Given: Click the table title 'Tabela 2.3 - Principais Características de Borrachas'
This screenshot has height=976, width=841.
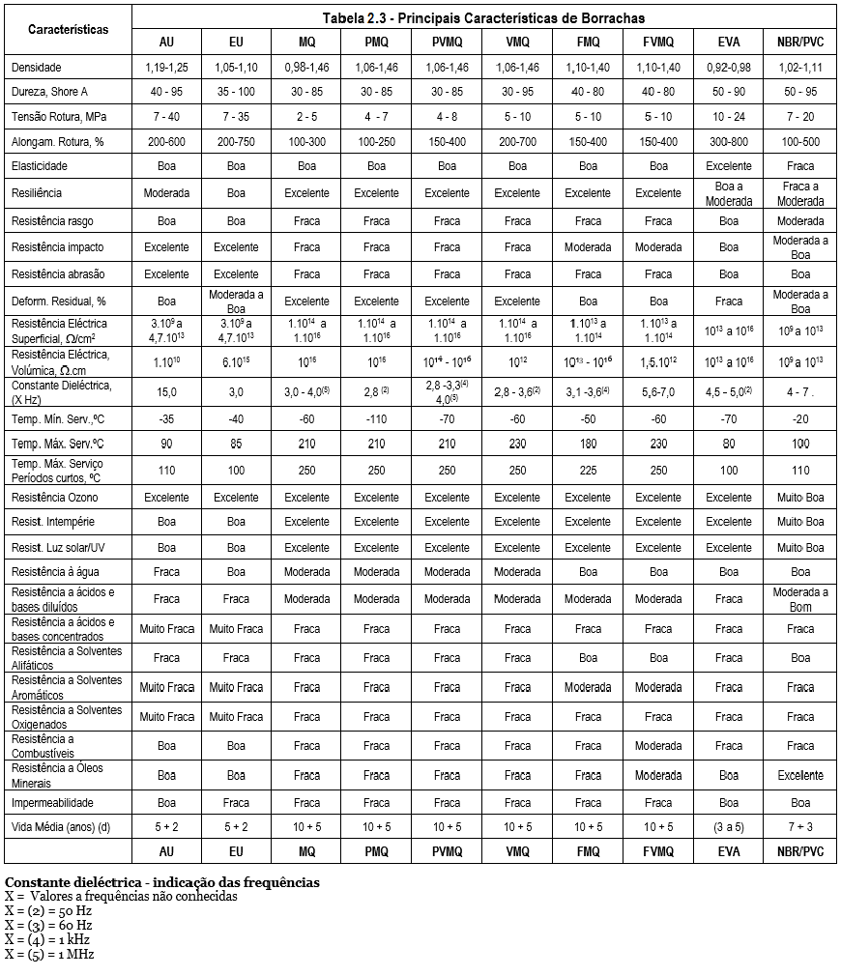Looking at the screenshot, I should (x=483, y=18).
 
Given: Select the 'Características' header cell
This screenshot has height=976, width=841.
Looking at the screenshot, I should (x=68, y=29).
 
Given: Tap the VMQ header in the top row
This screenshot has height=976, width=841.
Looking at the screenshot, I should (x=517, y=43).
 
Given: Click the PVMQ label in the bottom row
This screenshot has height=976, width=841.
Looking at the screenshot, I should (x=447, y=851).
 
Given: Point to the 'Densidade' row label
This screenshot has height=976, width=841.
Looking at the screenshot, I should (x=37, y=68).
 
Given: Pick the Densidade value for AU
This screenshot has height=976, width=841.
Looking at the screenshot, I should (x=166, y=68).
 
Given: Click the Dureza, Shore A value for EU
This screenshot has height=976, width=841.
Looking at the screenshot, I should (x=237, y=92).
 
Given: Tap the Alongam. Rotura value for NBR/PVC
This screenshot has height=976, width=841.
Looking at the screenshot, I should (x=800, y=141).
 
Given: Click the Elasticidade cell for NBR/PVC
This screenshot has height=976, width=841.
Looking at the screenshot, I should (x=800, y=166).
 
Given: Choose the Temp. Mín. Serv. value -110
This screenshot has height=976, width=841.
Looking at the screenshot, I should (x=376, y=418).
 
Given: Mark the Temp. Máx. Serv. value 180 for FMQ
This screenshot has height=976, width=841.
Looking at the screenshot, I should (x=588, y=444).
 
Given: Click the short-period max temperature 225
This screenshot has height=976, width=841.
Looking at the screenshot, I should (x=588, y=470).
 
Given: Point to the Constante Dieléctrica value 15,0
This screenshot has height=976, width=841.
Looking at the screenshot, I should (x=166, y=392).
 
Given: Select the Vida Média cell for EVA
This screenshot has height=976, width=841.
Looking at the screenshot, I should (x=729, y=826).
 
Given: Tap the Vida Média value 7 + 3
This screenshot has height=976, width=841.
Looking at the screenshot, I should (x=800, y=826).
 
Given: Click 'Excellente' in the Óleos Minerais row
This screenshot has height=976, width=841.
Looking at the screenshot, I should (x=800, y=775).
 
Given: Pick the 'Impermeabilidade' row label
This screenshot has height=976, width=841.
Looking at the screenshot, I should (x=52, y=802).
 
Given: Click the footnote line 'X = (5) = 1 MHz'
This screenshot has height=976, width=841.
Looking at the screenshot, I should (x=48, y=954).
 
